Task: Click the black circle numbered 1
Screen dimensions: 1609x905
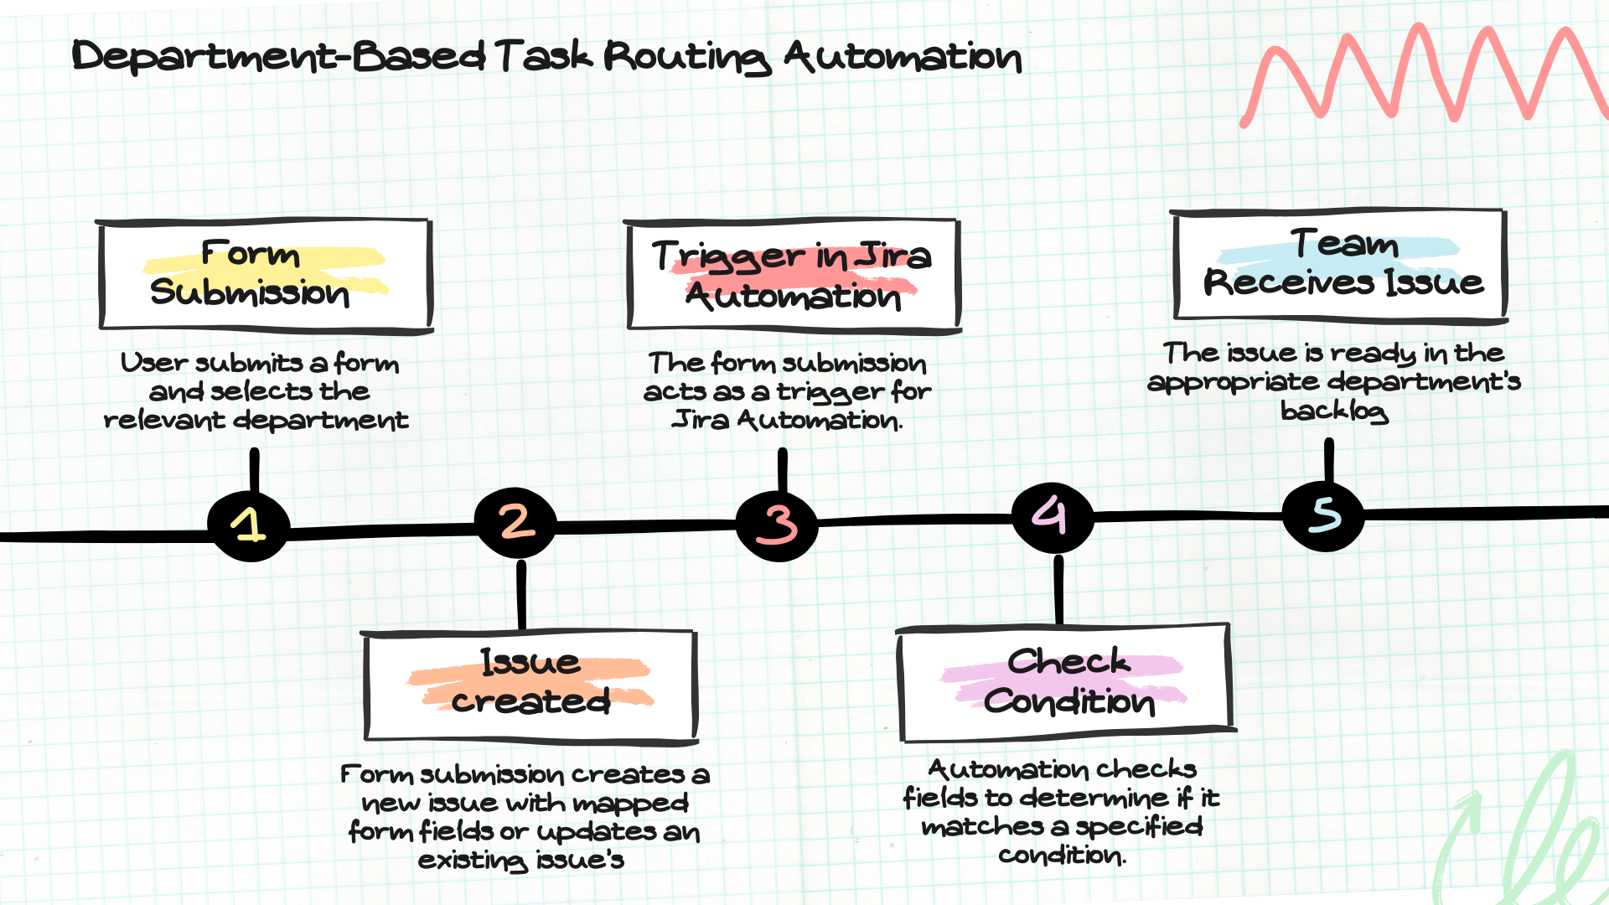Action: pos(249,526)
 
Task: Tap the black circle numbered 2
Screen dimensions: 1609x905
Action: pos(515,523)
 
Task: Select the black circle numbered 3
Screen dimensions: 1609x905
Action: pos(777,525)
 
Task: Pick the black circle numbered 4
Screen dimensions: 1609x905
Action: pos(1053,517)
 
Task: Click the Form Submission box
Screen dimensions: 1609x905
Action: pos(265,276)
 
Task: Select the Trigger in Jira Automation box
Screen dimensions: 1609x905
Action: pos(793,276)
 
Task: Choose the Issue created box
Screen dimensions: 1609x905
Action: pos(530,686)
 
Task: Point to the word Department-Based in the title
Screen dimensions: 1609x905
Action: pos(278,57)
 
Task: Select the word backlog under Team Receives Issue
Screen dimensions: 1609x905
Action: pos(1334,411)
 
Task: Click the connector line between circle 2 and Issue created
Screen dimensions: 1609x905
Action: pos(521,594)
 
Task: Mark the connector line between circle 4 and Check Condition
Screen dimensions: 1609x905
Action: pos(1058,589)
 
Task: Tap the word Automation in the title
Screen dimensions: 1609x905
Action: pos(903,57)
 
